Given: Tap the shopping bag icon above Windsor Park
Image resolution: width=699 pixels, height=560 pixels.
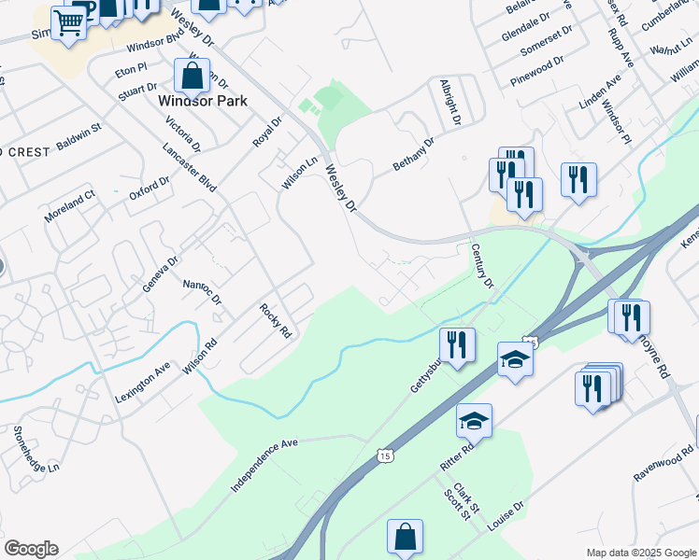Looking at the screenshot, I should click(192, 76).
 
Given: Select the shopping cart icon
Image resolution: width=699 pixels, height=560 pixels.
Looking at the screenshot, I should click(69, 22).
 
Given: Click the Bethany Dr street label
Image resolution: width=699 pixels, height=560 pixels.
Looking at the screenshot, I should click(414, 153).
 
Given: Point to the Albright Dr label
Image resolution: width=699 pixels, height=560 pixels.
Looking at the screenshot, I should click(450, 102).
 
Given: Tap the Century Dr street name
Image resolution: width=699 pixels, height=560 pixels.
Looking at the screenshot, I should click(481, 266).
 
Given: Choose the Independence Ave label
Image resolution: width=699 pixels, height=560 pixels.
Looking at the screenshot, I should click(264, 463).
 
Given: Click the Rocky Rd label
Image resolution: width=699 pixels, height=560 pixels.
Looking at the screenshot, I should click(278, 320).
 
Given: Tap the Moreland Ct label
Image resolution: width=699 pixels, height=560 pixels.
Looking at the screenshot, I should click(70, 207).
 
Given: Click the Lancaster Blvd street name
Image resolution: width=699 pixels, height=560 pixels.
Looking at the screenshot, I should click(190, 169).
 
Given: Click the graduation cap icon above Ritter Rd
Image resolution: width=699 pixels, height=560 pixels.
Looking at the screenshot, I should click(474, 422).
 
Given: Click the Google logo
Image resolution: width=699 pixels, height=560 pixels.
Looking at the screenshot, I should click(31, 549).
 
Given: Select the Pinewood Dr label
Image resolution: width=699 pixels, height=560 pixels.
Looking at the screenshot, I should click(537, 71).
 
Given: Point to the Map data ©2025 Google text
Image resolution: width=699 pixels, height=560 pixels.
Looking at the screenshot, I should click(641, 553).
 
